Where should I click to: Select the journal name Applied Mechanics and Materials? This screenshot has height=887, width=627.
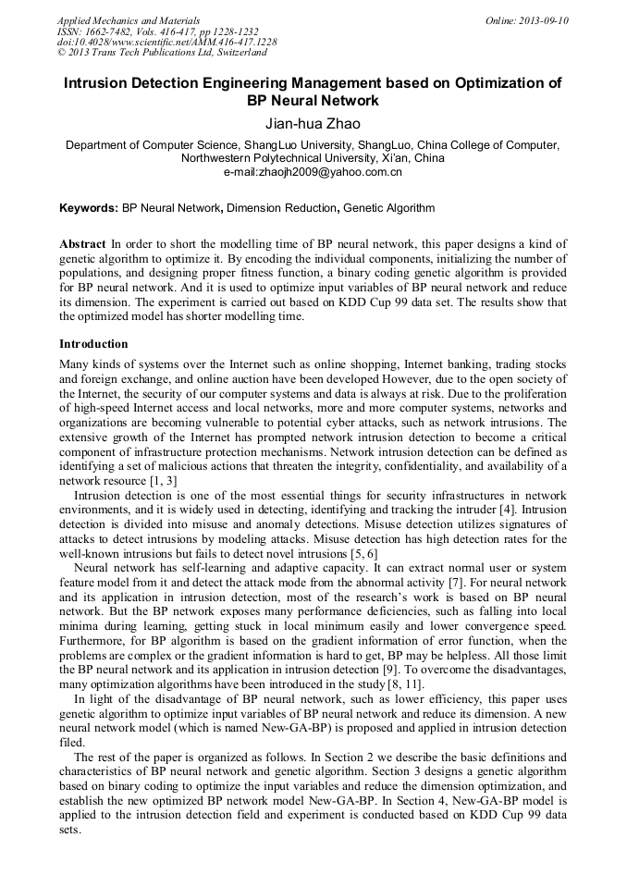(x=128, y=20)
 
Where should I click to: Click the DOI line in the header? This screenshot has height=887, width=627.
(x=166, y=42)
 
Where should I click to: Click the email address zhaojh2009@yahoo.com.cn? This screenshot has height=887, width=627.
(x=313, y=171)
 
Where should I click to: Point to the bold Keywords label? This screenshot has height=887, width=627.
(x=89, y=209)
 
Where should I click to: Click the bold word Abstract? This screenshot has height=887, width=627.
(x=82, y=242)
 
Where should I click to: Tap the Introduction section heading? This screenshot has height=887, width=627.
(x=93, y=344)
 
